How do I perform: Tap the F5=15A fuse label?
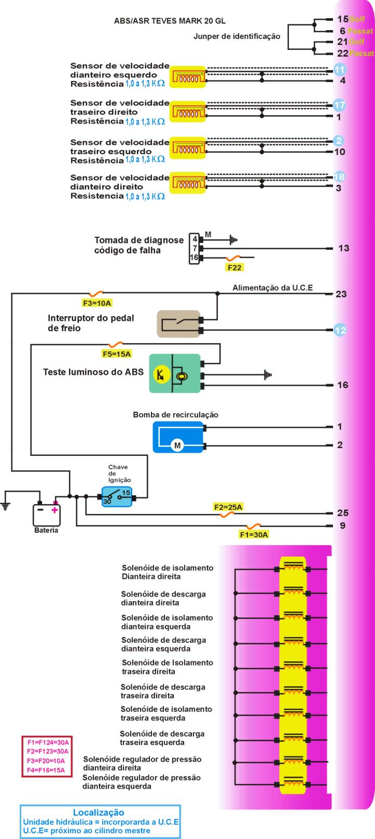click(x=117, y=354)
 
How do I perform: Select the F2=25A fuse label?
click(x=228, y=507)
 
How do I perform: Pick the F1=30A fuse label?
click(x=254, y=534)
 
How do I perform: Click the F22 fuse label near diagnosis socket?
click(x=234, y=267)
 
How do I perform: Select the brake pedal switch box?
click(x=178, y=324)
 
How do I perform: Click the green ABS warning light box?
click(x=175, y=373)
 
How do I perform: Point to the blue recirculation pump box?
click(x=178, y=437)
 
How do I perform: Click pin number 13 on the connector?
click(x=343, y=248)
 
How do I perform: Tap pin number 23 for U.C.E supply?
click(x=341, y=294)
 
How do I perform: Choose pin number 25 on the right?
click(x=342, y=513)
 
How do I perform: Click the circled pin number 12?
click(x=340, y=330)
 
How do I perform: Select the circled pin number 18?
click(x=339, y=177)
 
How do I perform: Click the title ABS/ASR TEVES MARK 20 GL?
click(x=170, y=21)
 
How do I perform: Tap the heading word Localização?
click(x=99, y=813)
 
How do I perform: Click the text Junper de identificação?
click(x=237, y=37)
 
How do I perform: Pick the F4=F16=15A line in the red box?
click(x=46, y=769)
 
